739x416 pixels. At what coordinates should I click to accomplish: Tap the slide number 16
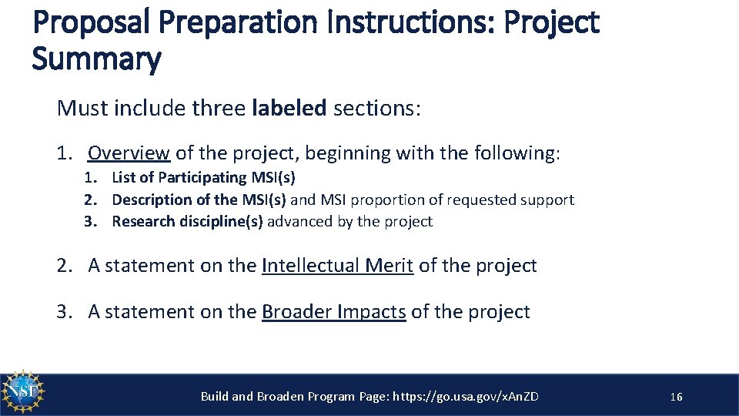click(676, 397)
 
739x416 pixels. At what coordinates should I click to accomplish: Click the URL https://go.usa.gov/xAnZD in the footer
click(466, 397)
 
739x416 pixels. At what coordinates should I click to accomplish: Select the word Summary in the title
click(96, 59)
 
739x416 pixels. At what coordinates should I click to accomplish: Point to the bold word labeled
click(289, 108)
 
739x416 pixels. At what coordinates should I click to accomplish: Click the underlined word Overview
click(129, 153)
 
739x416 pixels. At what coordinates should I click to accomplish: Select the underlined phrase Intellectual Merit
click(337, 266)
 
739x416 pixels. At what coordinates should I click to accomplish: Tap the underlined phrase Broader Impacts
click(333, 311)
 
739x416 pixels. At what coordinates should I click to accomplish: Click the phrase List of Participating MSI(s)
click(203, 177)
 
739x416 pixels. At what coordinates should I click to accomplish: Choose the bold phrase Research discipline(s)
click(187, 222)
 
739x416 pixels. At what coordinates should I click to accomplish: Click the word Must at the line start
click(81, 108)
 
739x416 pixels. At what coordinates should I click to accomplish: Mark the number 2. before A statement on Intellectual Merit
click(65, 266)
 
